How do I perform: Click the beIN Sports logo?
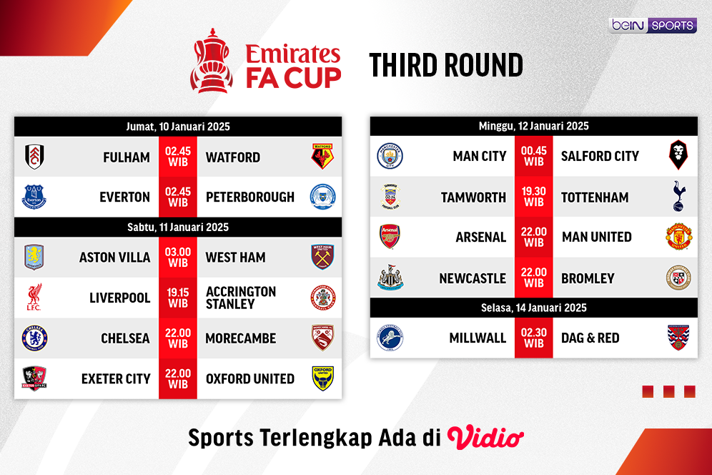click(x=653, y=25)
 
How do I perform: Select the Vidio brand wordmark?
click(x=485, y=437)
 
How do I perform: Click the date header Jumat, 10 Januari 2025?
click(x=178, y=127)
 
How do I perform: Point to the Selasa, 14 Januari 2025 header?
click(x=533, y=308)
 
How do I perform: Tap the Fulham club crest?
click(x=34, y=157)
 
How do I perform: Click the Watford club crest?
click(x=322, y=157)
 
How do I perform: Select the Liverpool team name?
click(x=119, y=298)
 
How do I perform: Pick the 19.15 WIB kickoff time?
click(x=178, y=298)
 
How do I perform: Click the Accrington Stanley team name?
click(x=240, y=298)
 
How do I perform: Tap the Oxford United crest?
click(x=322, y=378)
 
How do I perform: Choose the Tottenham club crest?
click(x=678, y=197)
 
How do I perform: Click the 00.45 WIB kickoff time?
click(x=533, y=156)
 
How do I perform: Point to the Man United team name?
click(x=596, y=237)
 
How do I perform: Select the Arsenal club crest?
click(x=390, y=237)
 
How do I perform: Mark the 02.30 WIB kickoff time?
click(x=533, y=338)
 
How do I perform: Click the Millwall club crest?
click(x=390, y=338)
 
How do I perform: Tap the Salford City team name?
click(x=600, y=156)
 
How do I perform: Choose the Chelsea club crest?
click(x=34, y=338)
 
